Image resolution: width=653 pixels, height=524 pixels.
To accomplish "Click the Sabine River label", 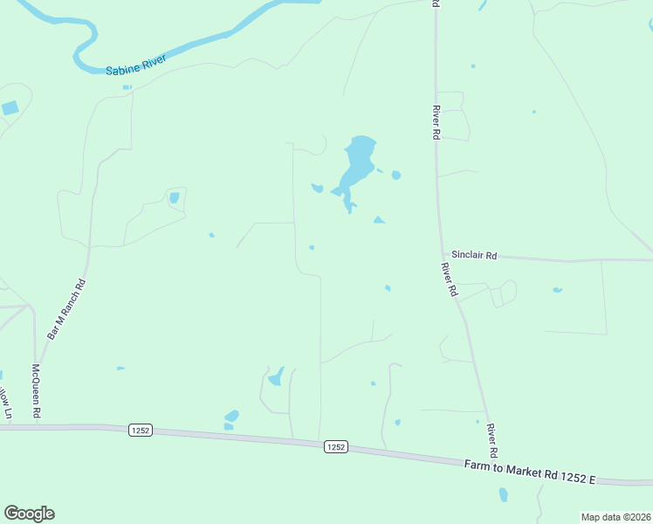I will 135,67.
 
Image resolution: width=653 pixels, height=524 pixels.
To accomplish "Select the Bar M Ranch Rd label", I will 67,309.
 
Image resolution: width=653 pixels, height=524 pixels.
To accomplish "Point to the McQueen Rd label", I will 37,390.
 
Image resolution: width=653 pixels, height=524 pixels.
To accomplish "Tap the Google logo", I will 29,514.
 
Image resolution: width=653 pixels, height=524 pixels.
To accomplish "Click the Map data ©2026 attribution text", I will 615,517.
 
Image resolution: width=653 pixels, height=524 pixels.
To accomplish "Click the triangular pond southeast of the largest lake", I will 379,220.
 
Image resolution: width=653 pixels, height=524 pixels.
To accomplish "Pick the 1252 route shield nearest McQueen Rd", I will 141,430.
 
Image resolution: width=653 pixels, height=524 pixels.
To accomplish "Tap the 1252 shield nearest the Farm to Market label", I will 336,446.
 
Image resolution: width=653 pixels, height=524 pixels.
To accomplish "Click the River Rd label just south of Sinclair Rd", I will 450,279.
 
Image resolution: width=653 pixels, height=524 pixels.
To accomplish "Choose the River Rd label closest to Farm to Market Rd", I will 492,442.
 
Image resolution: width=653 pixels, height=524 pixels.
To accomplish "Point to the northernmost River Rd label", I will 436,122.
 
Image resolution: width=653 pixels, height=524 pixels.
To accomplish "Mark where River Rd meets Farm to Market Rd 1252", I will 499,462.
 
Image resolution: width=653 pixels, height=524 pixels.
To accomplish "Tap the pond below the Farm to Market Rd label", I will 503,494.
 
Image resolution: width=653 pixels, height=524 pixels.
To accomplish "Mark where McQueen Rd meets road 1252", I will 39,426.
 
